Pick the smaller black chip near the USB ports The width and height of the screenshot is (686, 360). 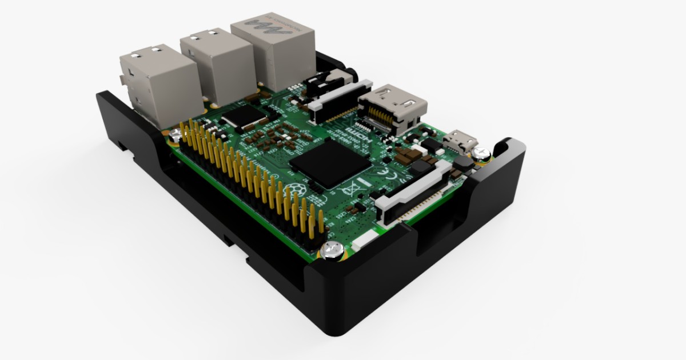click(x=243, y=117)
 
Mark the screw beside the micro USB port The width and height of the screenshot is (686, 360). click(x=481, y=152)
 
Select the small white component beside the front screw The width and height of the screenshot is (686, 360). click(x=360, y=243)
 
